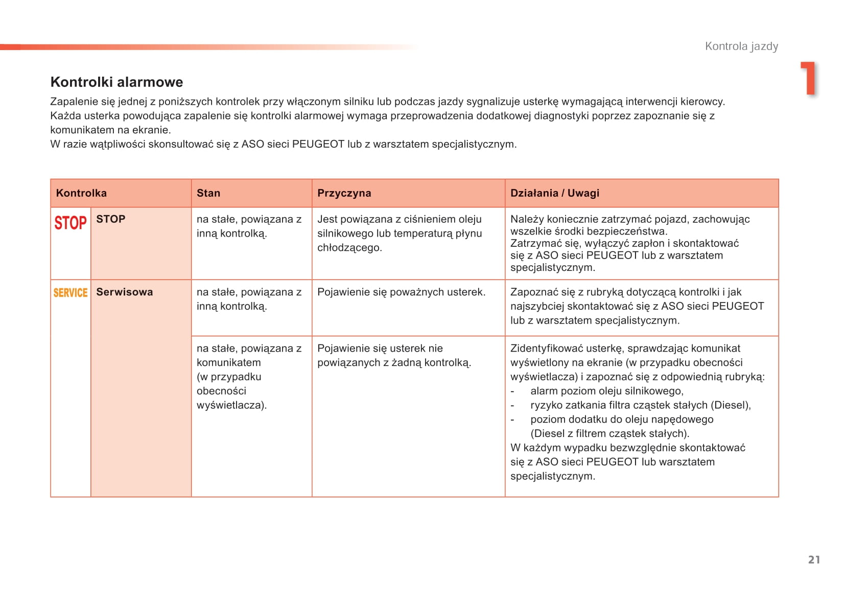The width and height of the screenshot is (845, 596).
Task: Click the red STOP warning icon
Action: click(71, 223)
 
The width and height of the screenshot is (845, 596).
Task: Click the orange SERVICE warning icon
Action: click(71, 292)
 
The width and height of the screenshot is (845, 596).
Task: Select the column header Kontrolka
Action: click(81, 193)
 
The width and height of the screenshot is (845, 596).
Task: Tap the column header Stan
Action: click(208, 193)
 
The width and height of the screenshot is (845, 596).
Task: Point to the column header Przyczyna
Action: click(344, 193)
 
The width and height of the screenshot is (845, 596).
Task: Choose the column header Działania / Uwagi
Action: click(554, 193)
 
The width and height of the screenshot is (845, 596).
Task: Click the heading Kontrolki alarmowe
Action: click(116, 82)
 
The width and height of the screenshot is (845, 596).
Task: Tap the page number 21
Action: click(814, 560)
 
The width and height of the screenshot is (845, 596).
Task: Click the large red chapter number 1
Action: click(808, 78)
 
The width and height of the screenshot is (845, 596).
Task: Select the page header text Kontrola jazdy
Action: click(741, 47)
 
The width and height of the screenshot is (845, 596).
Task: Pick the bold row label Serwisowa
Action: click(124, 292)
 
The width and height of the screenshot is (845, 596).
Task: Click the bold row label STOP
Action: click(110, 219)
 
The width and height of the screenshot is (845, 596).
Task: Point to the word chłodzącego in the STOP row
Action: click(349, 248)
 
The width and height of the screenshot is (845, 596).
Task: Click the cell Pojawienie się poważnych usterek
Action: click(401, 292)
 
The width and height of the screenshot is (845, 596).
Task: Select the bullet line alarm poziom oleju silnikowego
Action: click(606, 391)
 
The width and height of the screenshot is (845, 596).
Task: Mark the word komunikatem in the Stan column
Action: click(228, 362)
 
